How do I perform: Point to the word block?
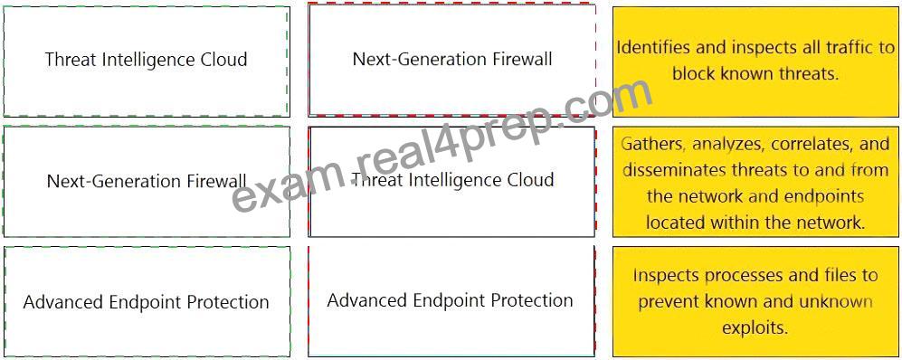(x=694, y=73)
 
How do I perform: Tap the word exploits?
(x=755, y=328)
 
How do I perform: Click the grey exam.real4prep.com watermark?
(x=443, y=147)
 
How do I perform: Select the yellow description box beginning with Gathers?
(x=755, y=182)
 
